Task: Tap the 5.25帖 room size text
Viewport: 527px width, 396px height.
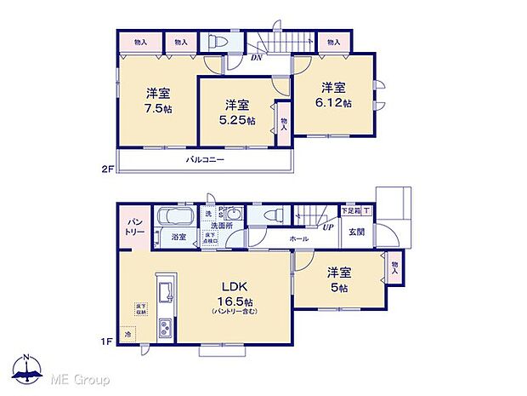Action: pos(237,112)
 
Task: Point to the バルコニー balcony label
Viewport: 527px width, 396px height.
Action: pos(206,160)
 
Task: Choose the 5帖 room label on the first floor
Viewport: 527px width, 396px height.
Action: pos(339,279)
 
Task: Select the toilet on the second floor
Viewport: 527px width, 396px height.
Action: pos(217,42)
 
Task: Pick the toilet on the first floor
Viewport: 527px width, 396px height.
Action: pos(272,215)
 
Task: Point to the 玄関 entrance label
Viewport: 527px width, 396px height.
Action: pos(355,232)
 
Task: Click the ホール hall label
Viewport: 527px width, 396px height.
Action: pos(298,239)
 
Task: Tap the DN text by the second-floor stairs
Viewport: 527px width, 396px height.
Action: pos(257,59)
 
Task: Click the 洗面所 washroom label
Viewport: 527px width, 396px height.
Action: pos(223,225)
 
